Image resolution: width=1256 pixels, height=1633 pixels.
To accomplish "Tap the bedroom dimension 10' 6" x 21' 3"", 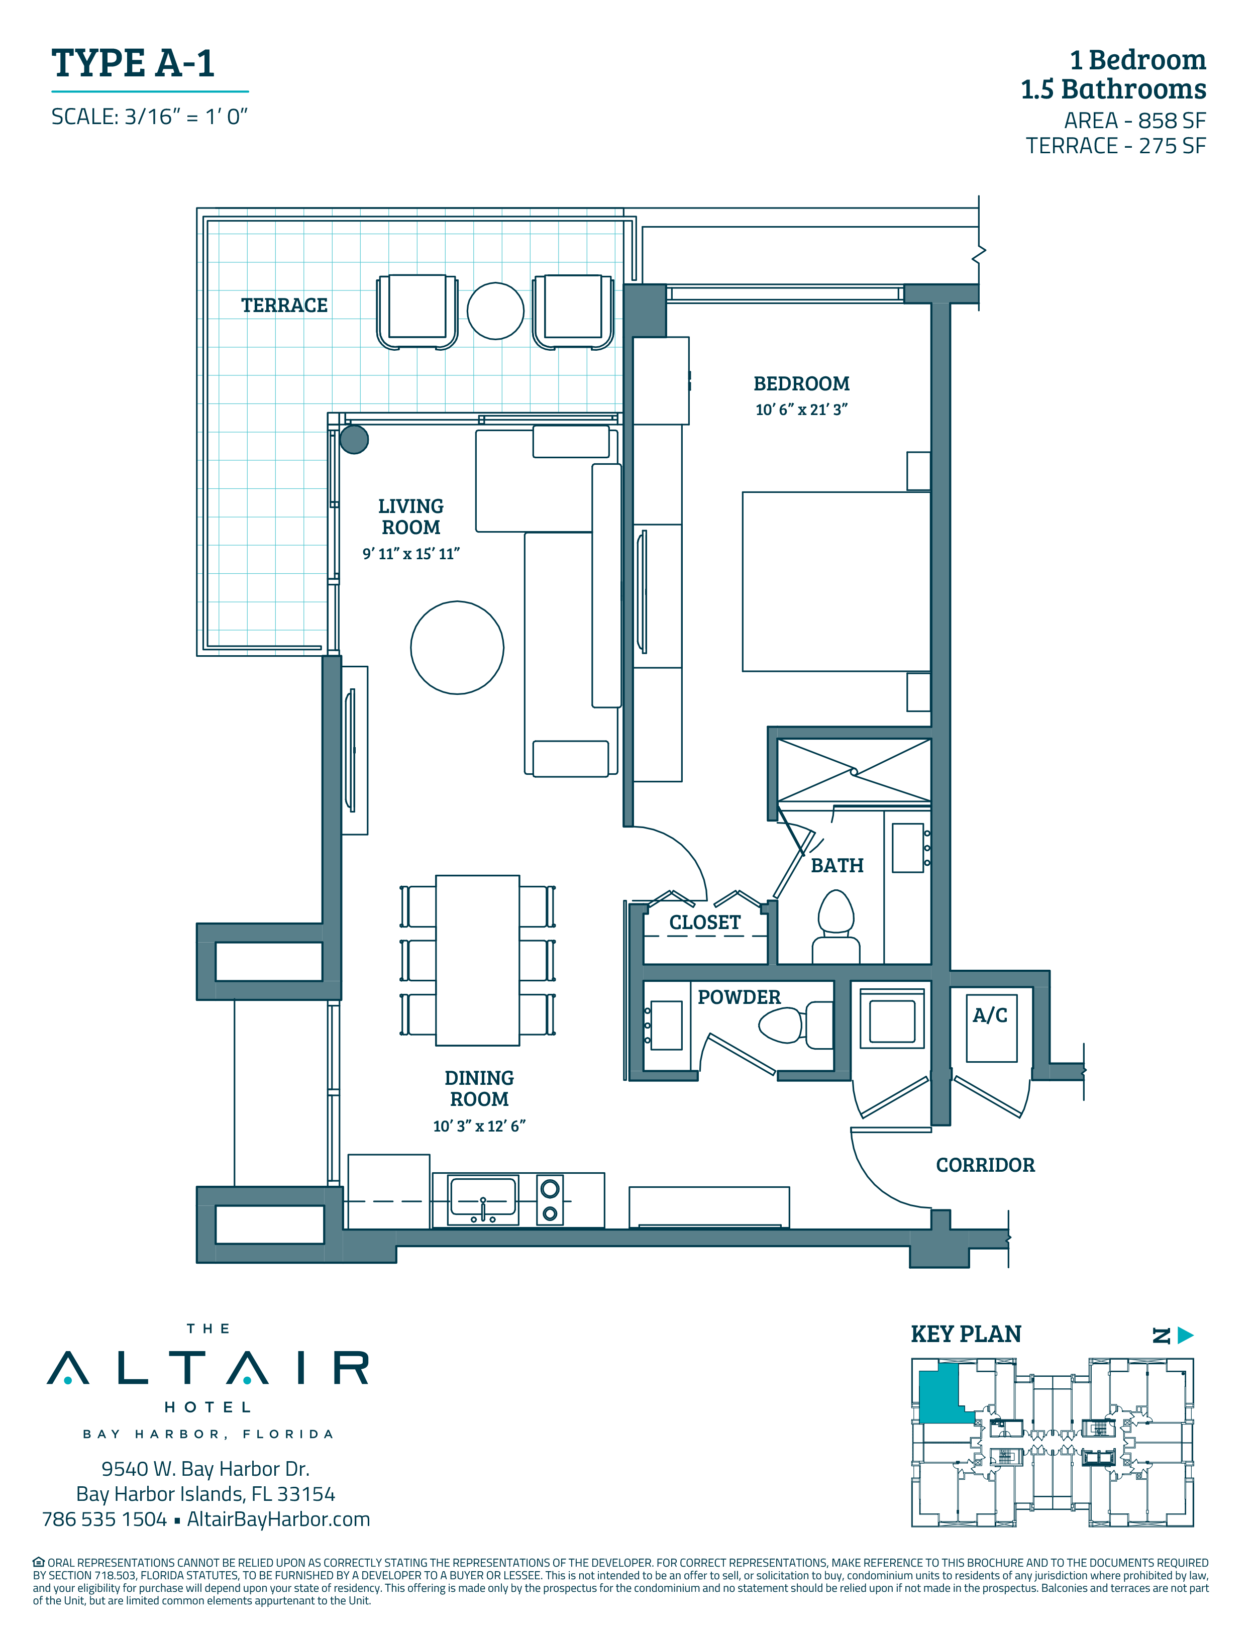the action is coord(801,410).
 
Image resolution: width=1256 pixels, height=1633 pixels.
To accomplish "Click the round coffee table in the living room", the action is coord(457,648).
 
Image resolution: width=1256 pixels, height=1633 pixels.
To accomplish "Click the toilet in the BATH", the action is coord(836,927).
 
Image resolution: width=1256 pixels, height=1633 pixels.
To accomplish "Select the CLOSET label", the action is coord(704,923).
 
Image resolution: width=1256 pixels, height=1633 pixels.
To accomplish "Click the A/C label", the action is coord(990,1015).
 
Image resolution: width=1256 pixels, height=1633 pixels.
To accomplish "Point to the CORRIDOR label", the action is coord(985,1165).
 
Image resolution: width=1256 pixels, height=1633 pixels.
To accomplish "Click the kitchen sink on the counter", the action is coord(482,1200).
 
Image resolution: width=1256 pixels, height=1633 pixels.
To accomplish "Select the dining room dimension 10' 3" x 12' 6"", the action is coord(479,1126).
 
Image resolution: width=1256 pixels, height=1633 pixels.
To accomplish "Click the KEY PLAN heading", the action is coord(966,1334).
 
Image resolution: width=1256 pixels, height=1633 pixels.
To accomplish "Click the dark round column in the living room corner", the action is coord(354,440).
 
